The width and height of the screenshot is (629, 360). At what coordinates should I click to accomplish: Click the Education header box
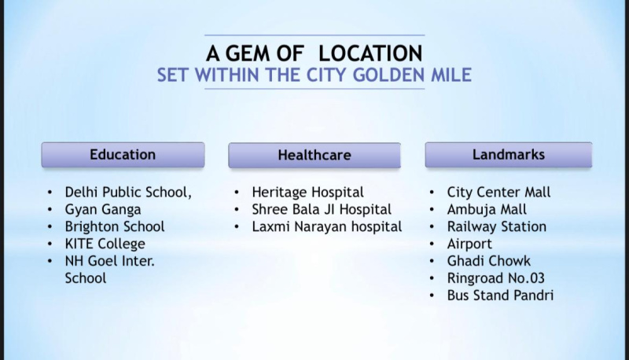click(x=123, y=155)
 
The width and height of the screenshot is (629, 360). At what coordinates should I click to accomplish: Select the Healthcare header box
click(x=314, y=155)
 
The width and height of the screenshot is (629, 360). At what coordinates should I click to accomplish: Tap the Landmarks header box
click(x=509, y=155)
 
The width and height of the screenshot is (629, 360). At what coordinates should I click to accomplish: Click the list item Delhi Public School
click(x=128, y=193)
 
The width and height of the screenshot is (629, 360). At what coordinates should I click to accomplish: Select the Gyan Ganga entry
click(x=103, y=210)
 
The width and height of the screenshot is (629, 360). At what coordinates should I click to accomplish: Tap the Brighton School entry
click(x=115, y=226)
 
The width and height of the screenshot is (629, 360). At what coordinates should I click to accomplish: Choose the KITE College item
click(x=105, y=244)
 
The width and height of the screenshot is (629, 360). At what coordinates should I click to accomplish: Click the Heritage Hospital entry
click(x=307, y=193)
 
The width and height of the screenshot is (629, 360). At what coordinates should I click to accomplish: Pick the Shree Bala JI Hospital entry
click(x=322, y=210)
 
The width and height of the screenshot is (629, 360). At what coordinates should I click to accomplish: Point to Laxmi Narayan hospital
click(x=327, y=226)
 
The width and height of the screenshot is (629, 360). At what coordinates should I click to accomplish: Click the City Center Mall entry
click(x=498, y=193)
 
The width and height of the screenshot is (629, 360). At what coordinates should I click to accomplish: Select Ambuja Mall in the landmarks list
click(x=487, y=210)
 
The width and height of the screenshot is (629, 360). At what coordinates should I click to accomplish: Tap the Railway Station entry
click(x=497, y=226)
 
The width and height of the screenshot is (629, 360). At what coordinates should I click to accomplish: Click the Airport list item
click(x=469, y=244)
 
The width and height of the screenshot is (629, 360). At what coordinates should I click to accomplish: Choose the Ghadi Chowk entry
click(x=488, y=261)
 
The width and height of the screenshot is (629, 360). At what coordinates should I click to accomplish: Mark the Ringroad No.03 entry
click(x=496, y=278)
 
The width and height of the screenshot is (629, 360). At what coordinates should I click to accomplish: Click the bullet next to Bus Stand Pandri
click(x=432, y=296)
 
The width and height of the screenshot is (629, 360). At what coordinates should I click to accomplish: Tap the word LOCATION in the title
click(x=370, y=53)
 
